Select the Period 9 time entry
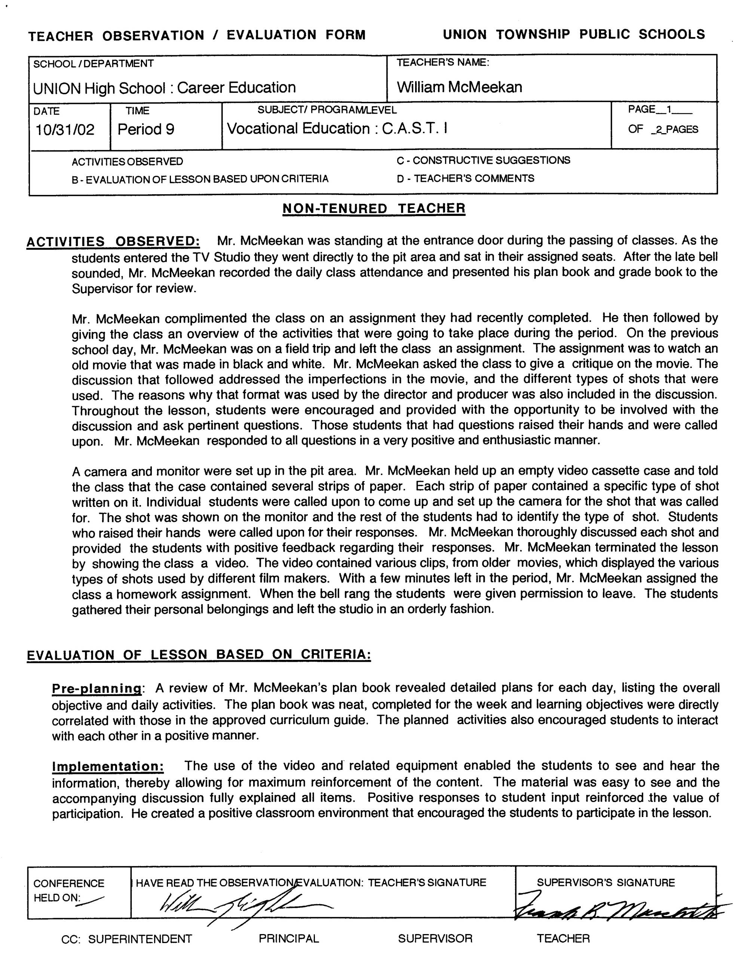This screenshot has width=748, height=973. click(x=145, y=129)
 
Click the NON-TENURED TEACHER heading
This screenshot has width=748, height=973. click(x=374, y=208)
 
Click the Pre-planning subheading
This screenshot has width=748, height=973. click(x=96, y=688)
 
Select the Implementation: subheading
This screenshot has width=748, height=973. click(x=108, y=767)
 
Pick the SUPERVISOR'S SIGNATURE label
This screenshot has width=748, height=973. click(x=606, y=882)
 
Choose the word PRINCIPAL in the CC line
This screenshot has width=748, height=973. click(x=288, y=938)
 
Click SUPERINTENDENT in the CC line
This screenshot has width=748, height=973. click(x=140, y=939)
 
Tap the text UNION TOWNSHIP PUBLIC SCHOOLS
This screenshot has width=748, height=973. click(x=573, y=34)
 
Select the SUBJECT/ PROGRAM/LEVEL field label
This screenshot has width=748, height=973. click(x=327, y=110)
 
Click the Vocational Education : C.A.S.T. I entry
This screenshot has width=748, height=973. click(x=337, y=129)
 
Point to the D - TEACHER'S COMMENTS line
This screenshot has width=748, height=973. click(x=465, y=178)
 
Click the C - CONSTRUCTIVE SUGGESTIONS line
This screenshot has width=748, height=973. click(x=483, y=160)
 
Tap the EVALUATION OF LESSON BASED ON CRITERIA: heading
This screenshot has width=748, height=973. click(x=199, y=655)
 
